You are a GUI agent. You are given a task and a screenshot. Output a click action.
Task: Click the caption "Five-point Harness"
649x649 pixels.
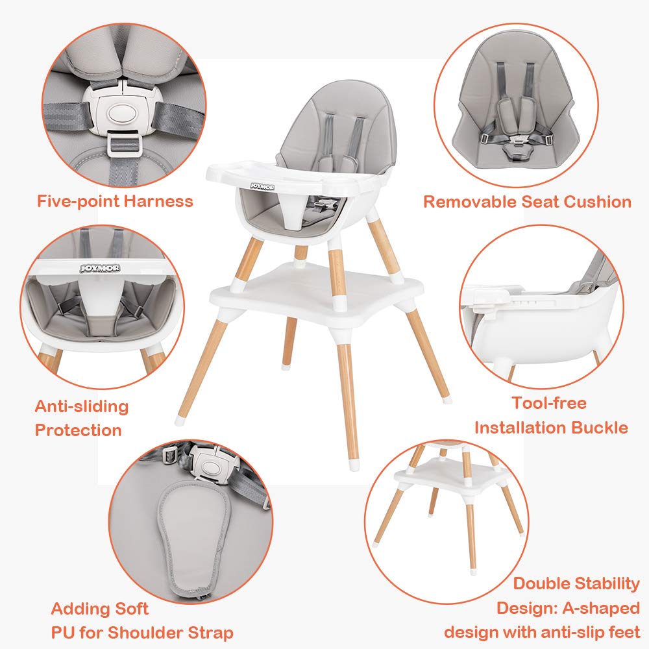(115, 201)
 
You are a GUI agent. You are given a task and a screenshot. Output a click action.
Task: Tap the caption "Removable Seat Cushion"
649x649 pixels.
(527, 202)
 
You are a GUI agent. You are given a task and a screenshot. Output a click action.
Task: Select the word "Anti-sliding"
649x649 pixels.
(82, 407)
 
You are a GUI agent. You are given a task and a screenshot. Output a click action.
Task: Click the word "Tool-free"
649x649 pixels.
(548, 403)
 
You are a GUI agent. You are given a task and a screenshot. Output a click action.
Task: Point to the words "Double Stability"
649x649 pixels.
(576, 584)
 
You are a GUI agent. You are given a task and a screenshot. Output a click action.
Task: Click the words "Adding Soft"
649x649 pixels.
(100, 609)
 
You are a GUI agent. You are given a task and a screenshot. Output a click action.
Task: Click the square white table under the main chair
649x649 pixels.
(312, 299)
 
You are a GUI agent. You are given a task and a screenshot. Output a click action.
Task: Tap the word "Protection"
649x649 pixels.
(78, 430)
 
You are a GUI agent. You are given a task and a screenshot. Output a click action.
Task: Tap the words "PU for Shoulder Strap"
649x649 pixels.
(142, 632)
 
